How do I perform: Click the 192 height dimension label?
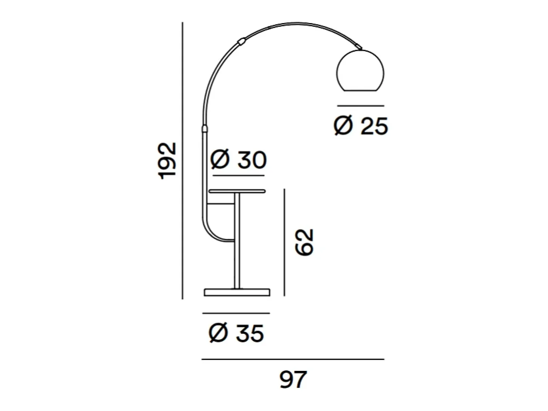(167, 161)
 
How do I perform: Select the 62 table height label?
(304, 242)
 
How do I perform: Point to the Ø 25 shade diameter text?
(361, 126)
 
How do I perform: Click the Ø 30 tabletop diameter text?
(238, 159)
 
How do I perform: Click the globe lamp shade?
(360, 70)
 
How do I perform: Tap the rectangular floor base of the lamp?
(237, 292)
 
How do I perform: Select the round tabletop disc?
(237, 191)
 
